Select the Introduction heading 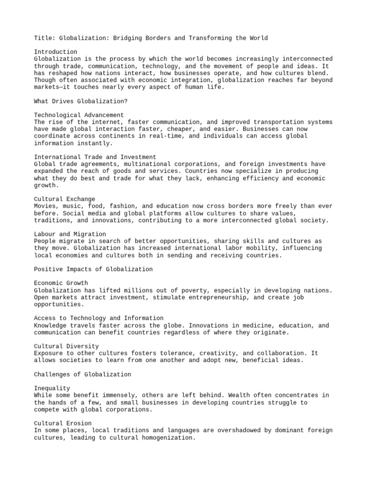coord(55,52)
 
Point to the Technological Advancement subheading coord(79,115)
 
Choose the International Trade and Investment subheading coord(95,157)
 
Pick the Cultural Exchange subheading coord(65,199)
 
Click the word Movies coord(45,206)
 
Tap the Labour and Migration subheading coord(70,234)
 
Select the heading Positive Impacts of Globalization coord(93,269)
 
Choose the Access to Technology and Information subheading coord(98,318)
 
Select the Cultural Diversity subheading coord(66,346)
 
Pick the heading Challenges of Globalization coord(83,374)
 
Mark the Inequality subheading coord(52,388)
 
